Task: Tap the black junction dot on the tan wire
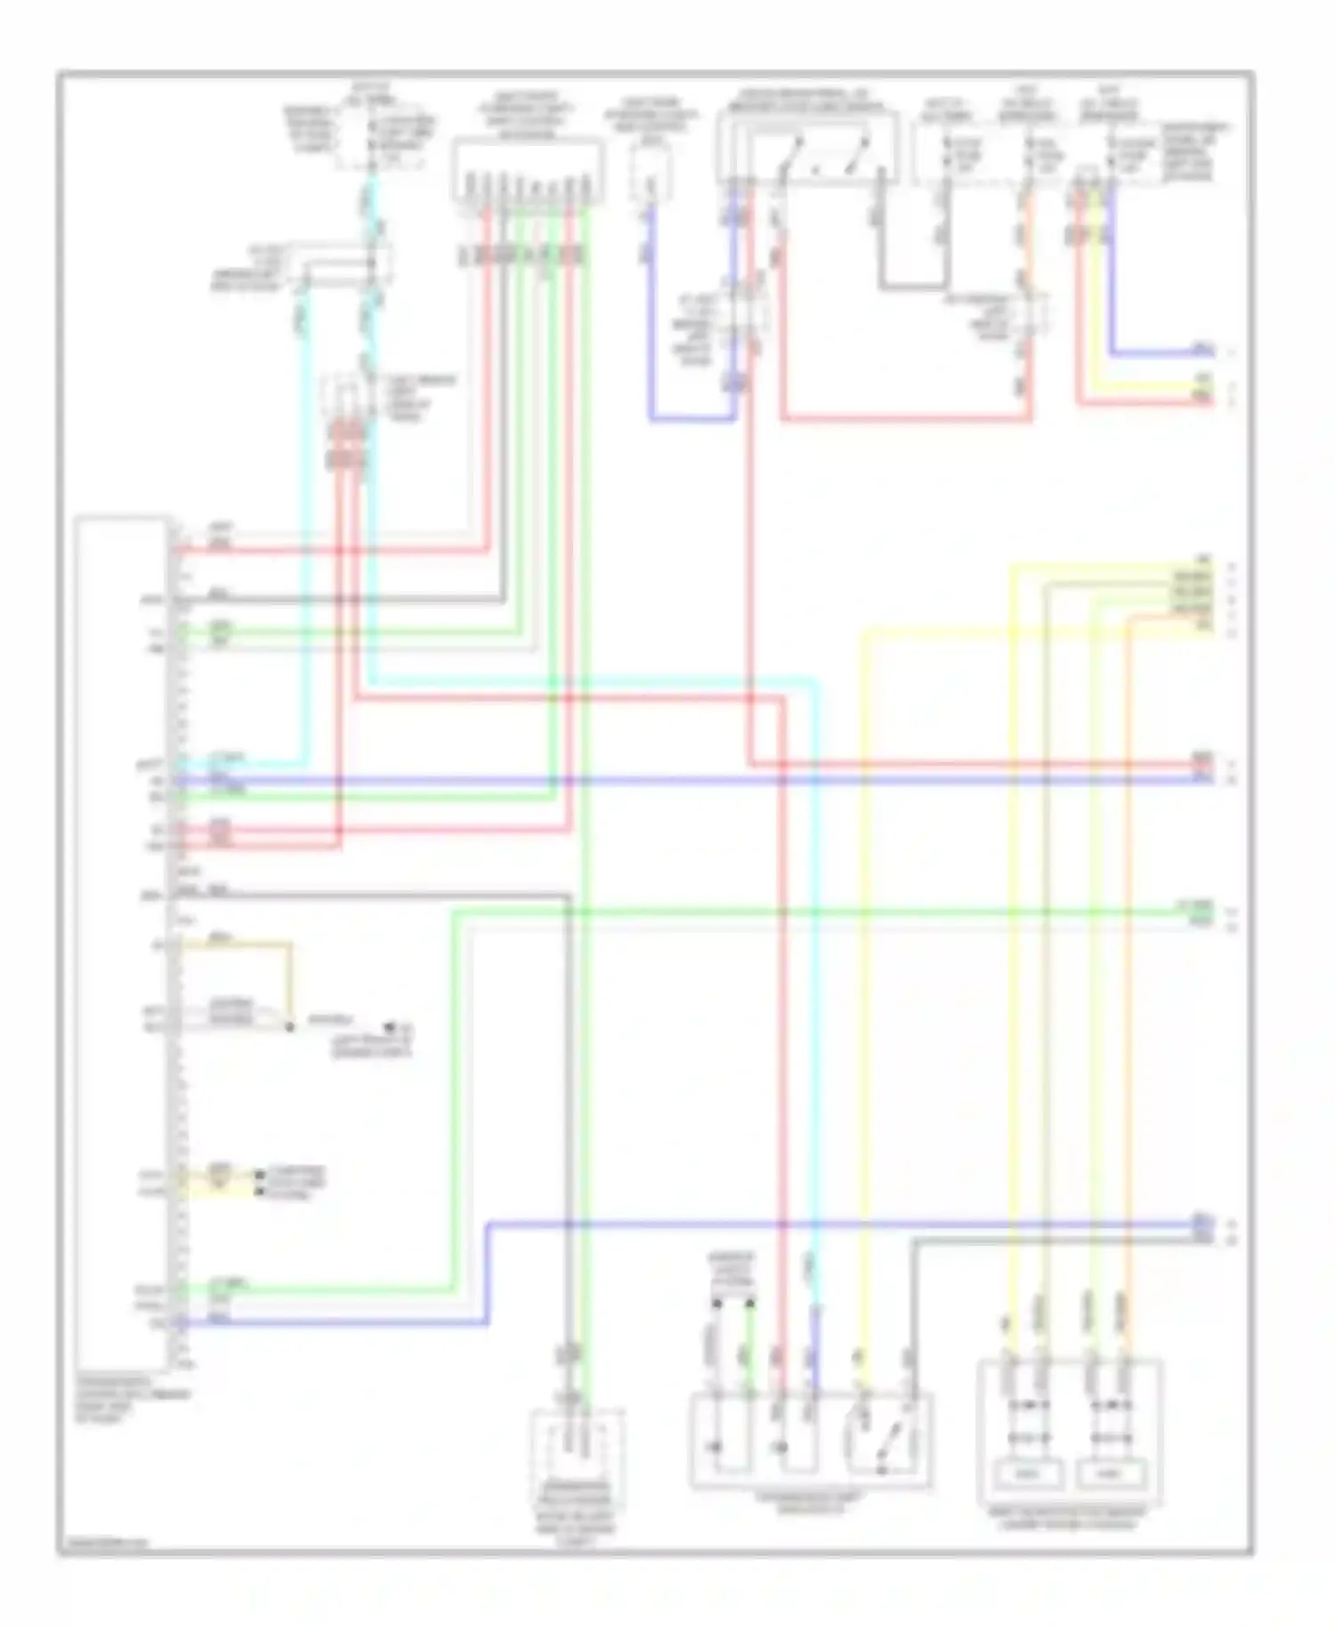click(x=290, y=1027)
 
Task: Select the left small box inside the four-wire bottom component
click(x=1027, y=1474)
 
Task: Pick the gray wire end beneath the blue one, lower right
click(x=1202, y=1239)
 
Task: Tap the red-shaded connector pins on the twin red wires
click(x=346, y=445)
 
